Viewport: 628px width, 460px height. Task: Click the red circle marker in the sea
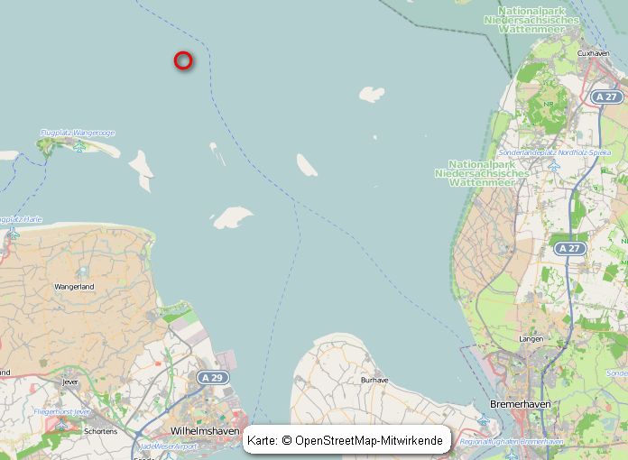183,60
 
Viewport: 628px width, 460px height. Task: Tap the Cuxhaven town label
593,53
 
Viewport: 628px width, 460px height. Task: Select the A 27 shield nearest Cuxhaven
606,97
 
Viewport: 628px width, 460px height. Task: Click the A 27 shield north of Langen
569,248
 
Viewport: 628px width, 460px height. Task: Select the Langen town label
531,338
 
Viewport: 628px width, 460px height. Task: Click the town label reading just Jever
69,382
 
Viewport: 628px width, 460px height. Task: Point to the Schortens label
100,431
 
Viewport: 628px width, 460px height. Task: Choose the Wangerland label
74,286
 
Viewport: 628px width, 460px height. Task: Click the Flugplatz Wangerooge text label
78,133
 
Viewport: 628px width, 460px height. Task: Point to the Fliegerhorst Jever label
62,411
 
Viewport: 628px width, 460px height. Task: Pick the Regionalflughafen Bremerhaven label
511,441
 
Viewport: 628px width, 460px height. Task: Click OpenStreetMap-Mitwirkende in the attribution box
369,440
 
